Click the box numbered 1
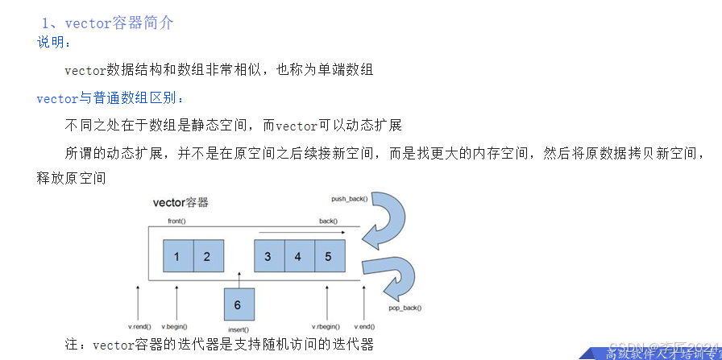pyautogui.click(x=177, y=257)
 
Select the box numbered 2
pyautogui.click(x=207, y=257)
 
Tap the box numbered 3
pyautogui.click(x=268, y=257)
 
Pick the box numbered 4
pyautogui.click(x=298, y=257)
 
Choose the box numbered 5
pyautogui.click(x=329, y=257)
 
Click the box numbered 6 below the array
pyautogui.click(x=238, y=304)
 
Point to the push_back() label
pyautogui.click(x=349, y=198)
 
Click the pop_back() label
pyautogui.click(x=405, y=308)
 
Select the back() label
pyautogui.click(x=328, y=220)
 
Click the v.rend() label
pyautogui.click(x=139, y=326)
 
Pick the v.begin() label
pyautogui.click(x=174, y=326)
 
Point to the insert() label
pyautogui.click(x=238, y=329)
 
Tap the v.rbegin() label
pyautogui.click(x=327, y=326)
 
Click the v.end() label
pyautogui.click(x=365, y=326)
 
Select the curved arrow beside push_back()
pyautogui.click(x=385, y=218)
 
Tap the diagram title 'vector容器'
pyautogui.click(x=180, y=202)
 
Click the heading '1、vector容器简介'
pyautogui.click(x=107, y=23)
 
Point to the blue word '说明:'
pyautogui.click(x=54, y=42)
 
